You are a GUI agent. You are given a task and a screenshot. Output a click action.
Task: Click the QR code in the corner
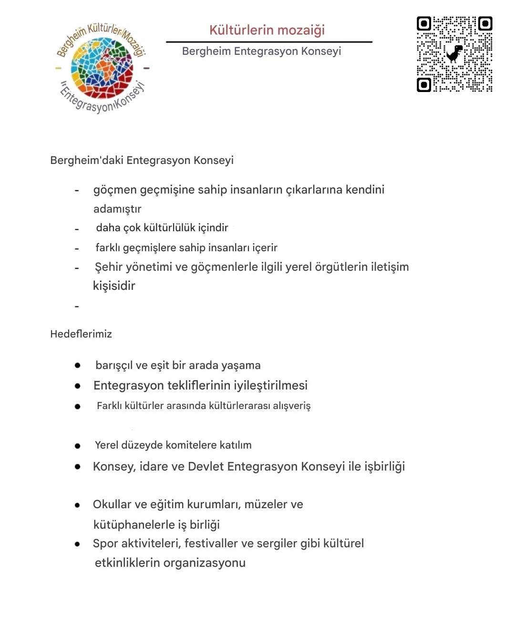click(x=454, y=54)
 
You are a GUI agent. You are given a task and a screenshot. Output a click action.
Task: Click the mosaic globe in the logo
click(x=102, y=68)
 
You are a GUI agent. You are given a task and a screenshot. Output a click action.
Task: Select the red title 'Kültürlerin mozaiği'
click(x=267, y=30)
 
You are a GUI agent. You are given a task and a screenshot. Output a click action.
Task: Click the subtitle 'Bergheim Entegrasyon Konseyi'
click(x=261, y=51)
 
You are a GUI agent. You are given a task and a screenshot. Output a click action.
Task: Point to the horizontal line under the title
click(x=269, y=42)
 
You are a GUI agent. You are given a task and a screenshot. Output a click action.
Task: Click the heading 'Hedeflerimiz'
click(x=81, y=334)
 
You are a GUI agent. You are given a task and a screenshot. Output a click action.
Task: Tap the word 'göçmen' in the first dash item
click(x=115, y=190)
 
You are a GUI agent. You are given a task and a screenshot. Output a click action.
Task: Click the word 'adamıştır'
click(x=117, y=209)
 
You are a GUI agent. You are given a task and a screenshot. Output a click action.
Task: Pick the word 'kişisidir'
click(x=114, y=286)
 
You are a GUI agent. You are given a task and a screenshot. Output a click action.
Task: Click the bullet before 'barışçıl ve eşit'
click(x=77, y=365)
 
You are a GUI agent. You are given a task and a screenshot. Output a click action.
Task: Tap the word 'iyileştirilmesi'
click(x=270, y=385)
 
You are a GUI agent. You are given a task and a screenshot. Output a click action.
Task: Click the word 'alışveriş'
click(x=291, y=406)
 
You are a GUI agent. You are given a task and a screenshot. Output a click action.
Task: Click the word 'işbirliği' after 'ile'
click(x=384, y=466)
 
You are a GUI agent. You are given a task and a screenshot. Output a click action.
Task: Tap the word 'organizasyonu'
click(x=204, y=563)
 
